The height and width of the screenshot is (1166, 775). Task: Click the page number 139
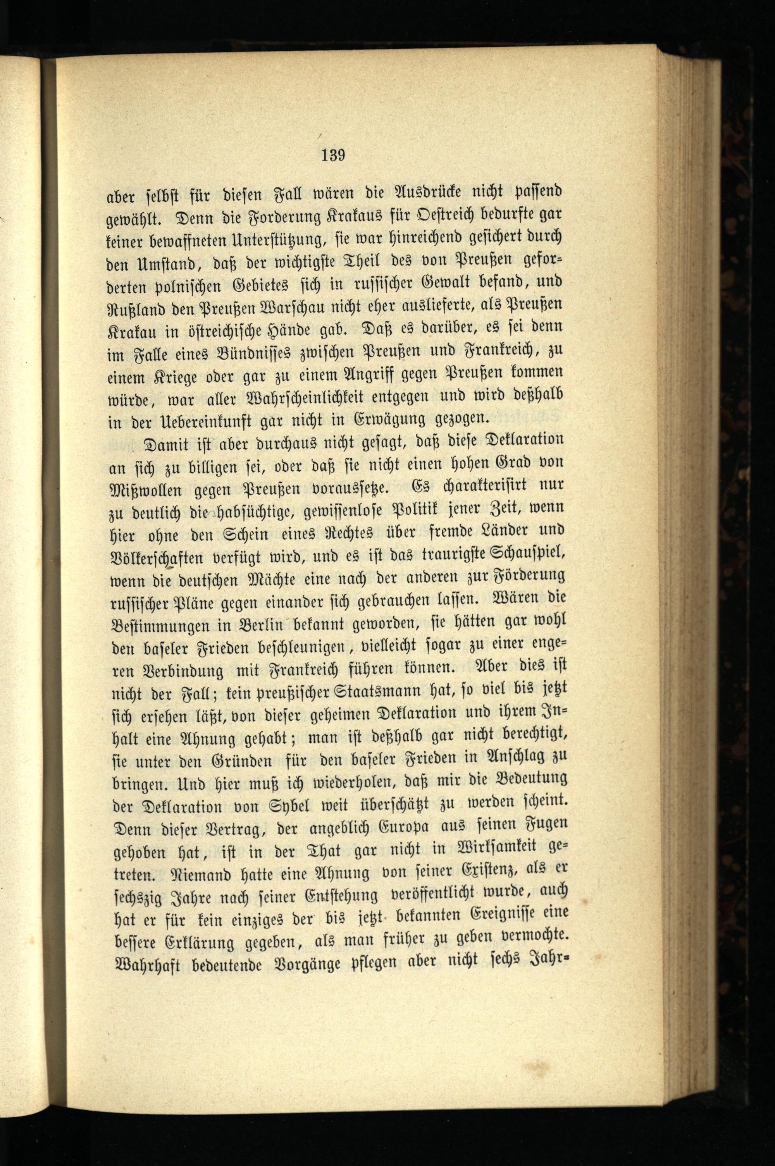click(x=332, y=155)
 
